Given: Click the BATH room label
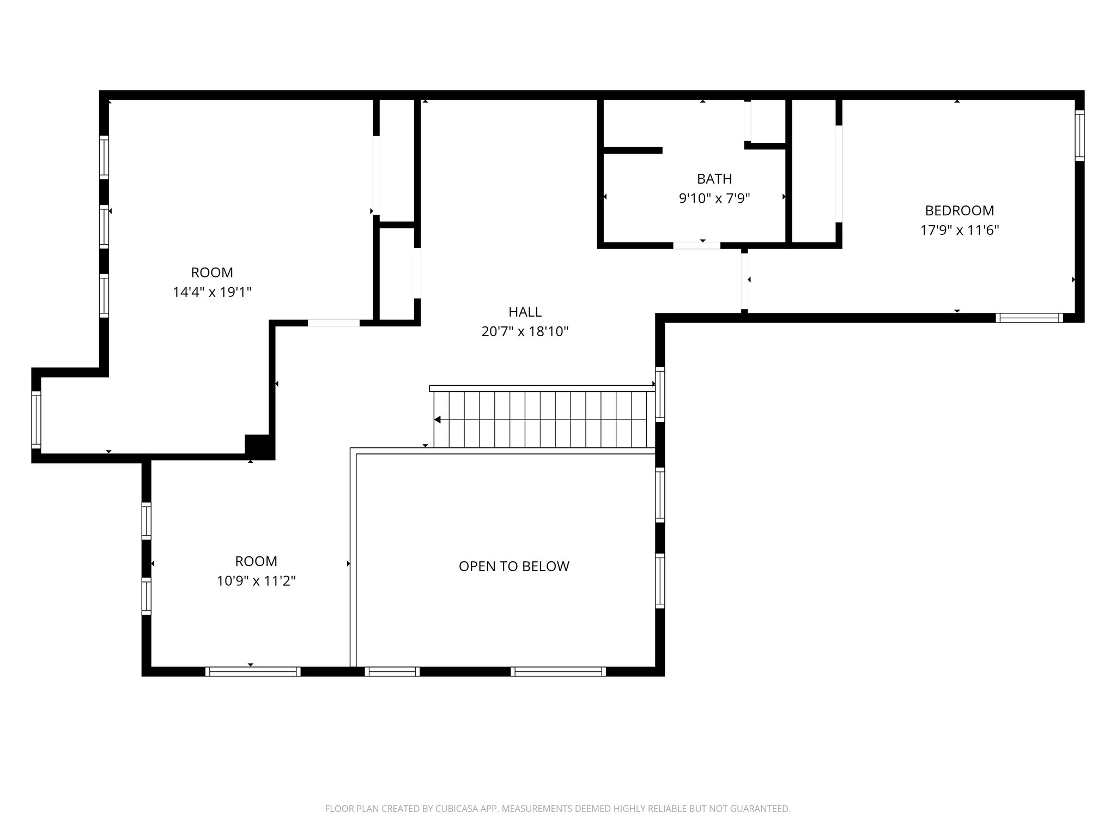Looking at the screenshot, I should pos(714,179).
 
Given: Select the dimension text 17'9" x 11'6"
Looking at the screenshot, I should pos(959,230).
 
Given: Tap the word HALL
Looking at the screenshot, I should pos(525,312).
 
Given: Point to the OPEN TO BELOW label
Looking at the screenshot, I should pos(514,566).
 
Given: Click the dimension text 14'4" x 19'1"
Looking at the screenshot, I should pos(212,292).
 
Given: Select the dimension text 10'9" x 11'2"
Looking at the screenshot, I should pos(256,581).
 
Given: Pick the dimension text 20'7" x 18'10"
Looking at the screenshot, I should pos(525,331).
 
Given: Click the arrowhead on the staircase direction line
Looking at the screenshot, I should pos(437,420).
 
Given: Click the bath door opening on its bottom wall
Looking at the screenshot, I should pos(696,245).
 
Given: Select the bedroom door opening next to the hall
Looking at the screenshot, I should pos(744,281).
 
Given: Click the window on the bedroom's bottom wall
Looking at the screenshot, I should pos(1029,318).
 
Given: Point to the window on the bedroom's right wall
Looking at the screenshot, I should pos(1079,136).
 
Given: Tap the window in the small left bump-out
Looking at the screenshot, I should pos(36,420).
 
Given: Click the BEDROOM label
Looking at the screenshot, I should pos(959,210).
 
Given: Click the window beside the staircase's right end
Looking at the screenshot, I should pos(660,394).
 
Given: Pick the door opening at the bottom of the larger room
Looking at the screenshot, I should pos(333,323).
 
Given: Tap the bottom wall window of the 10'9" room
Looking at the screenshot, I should pos(253,671).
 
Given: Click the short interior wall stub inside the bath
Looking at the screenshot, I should pos(632,150).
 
